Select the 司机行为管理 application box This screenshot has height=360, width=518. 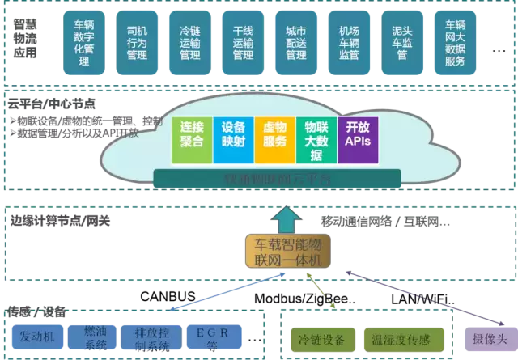click(138, 39)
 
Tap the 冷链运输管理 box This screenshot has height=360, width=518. click(190, 39)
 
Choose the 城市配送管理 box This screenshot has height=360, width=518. click(295, 39)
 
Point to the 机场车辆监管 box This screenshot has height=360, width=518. click(349, 39)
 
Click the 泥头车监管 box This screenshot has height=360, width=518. click(401, 39)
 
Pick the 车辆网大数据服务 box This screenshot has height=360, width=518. click(455, 39)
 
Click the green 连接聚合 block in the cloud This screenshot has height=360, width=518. click(192, 134)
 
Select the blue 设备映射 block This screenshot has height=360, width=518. click(233, 134)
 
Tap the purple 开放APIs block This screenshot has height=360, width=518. click(357, 134)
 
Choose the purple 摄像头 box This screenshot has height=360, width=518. click(490, 339)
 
